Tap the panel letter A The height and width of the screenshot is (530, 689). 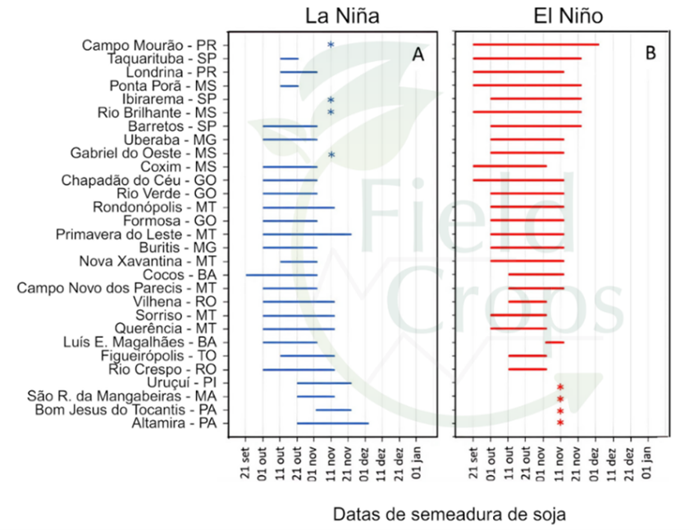point(418,55)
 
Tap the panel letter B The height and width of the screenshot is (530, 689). point(650,55)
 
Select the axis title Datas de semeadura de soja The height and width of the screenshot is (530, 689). point(449,514)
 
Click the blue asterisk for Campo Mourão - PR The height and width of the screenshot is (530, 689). point(331,45)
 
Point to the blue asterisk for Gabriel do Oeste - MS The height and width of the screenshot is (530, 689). point(331,154)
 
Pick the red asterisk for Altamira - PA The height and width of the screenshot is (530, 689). point(560,423)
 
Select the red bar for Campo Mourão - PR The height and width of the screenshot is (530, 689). point(536,45)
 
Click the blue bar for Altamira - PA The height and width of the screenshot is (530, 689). point(332,423)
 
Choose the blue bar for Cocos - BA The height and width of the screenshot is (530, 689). point(281,275)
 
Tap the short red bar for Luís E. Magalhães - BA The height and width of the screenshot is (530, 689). point(554,342)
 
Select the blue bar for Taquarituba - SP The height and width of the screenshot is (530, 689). point(289,58)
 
